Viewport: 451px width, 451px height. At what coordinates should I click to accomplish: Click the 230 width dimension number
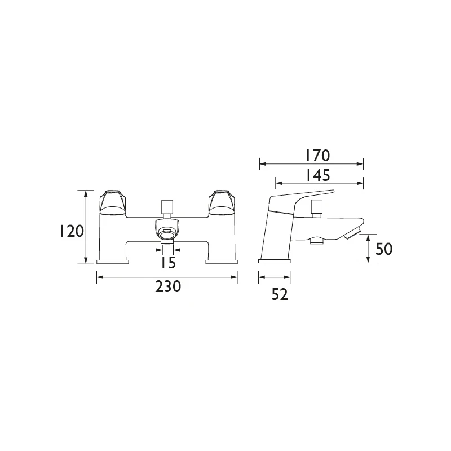(x=168, y=286)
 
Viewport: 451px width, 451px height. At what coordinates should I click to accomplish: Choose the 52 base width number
(x=275, y=294)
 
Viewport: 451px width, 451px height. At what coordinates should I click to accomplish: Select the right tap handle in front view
(x=222, y=203)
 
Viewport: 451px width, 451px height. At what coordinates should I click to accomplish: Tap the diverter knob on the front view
(x=167, y=206)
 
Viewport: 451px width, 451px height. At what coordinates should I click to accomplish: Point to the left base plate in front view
(x=113, y=262)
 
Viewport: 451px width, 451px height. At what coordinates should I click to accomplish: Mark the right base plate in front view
(x=222, y=262)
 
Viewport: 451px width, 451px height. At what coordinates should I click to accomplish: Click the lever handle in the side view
(x=304, y=197)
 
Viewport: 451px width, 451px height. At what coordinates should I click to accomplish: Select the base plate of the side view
(x=275, y=261)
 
